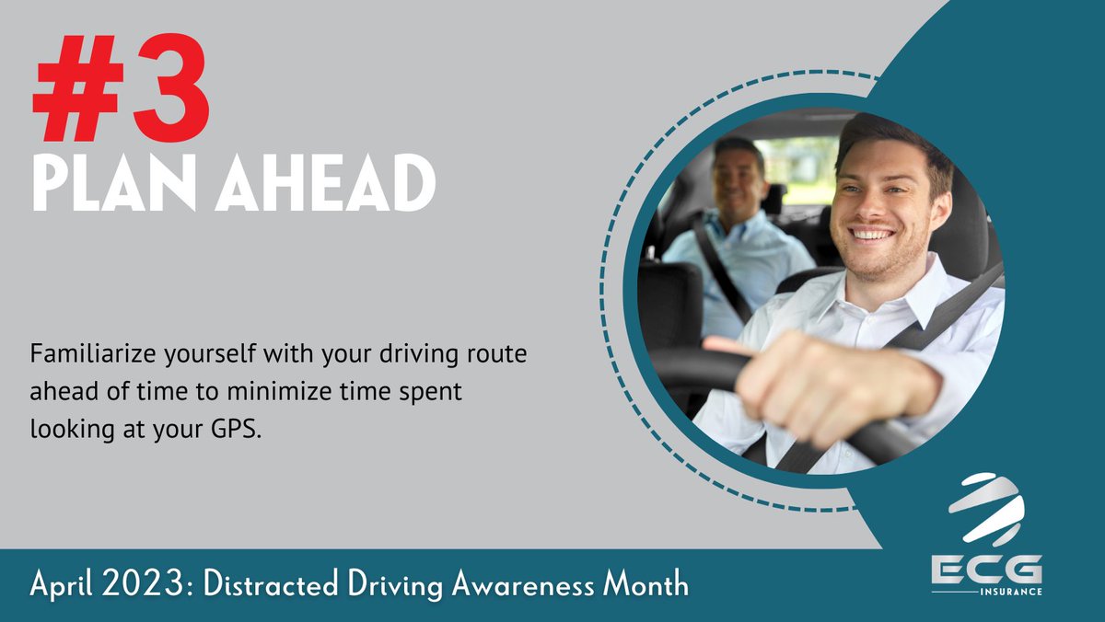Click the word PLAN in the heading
(114, 185)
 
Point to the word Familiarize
(87, 354)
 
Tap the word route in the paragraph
(499, 354)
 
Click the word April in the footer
(65, 584)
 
